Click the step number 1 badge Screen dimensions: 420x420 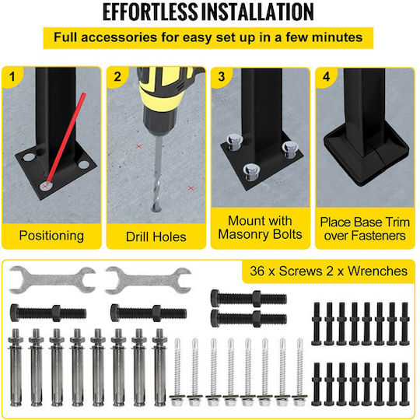(12, 77)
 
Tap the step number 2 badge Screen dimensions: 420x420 (117, 77)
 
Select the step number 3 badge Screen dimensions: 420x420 (221, 77)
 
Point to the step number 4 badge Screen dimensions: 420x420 (326, 77)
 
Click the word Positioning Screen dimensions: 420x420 (51, 236)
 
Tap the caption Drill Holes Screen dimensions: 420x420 (156, 236)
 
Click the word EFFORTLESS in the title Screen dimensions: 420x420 (150, 12)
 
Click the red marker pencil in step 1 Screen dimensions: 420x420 (66, 138)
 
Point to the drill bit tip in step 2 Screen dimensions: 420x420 (156, 209)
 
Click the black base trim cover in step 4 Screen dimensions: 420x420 (366, 156)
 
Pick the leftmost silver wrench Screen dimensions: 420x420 (52, 280)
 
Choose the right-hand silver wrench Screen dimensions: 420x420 (148, 281)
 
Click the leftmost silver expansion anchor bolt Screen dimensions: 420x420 (16, 367)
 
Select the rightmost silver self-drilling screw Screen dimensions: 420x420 (299, 372)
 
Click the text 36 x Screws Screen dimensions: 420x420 (286, 271)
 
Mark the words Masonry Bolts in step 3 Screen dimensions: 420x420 (260, 234)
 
